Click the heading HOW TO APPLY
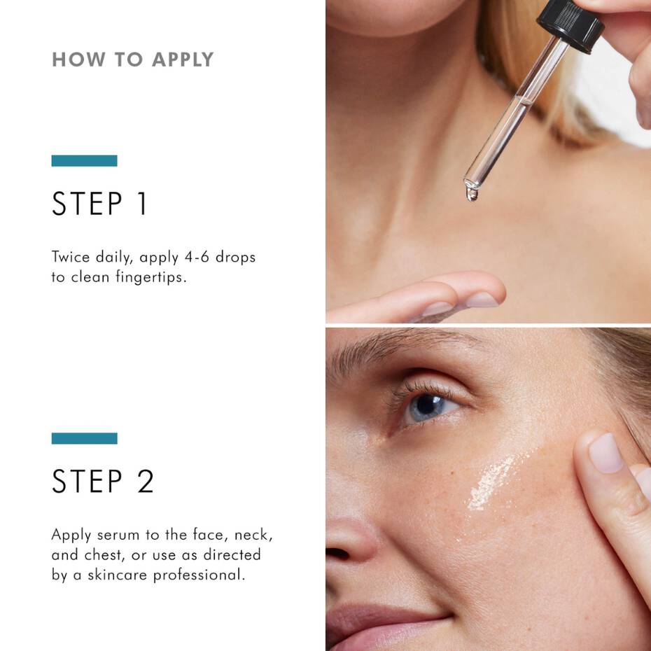coord(132,59)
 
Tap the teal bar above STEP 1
coord(84,161)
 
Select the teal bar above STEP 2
coord(84,438)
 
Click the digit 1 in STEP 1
coord(141,204)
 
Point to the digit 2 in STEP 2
coord(145,481)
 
